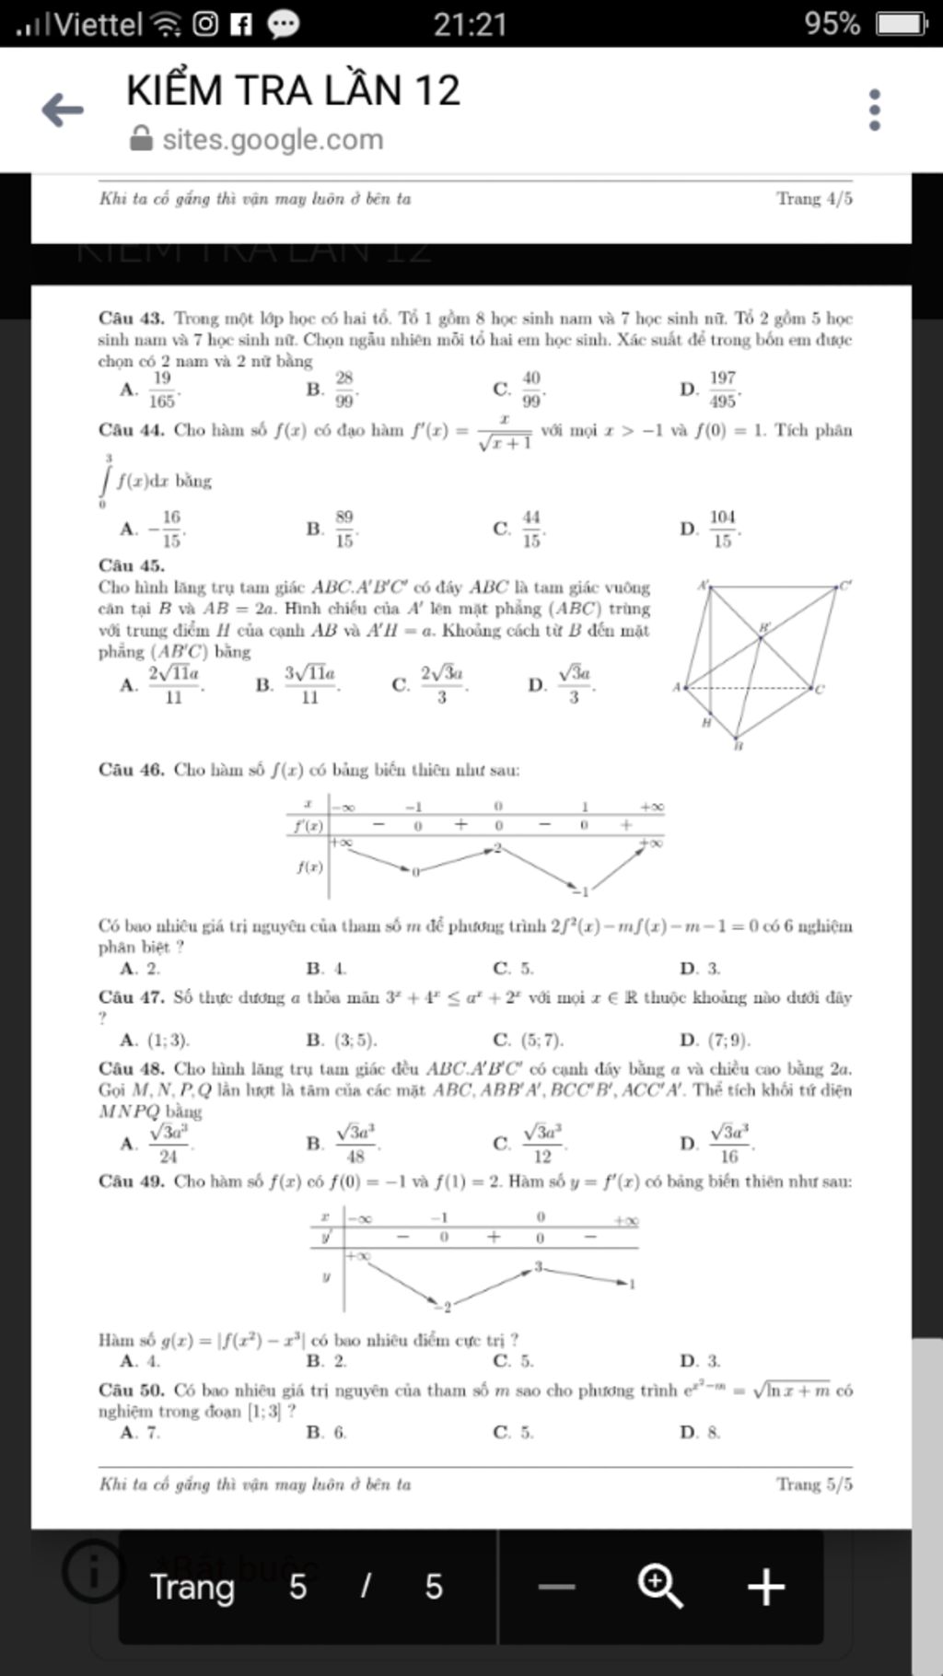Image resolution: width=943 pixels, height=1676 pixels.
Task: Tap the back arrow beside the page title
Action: pyautogui.click(x=63, y=111)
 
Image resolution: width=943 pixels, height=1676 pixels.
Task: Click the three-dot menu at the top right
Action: pyautogui.click(x=874, y=111)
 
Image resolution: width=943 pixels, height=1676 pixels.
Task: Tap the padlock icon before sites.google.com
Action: pyautogui.click(x=141, y=139)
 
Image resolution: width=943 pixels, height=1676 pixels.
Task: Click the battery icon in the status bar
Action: pyautogui.click(x=901, y=23)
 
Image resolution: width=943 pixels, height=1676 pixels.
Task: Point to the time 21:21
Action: pyautogui.click(x=470, y=24)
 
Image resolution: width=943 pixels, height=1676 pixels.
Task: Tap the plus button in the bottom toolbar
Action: pyautogui.click(x=766, y=1587)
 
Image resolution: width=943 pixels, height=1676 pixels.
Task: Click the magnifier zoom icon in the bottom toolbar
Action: pyautogui.click(x=660, y=1587)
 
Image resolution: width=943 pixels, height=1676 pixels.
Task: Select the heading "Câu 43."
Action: pyautogui.click(x=132, y=319)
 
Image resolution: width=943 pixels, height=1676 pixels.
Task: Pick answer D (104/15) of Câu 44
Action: pyautogui.click(x=714, y=529)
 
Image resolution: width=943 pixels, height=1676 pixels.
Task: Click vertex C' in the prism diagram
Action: pyautogui.click(x=845, y=586)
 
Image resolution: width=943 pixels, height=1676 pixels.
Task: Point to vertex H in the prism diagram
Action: pyautogui.click(x=706, y=723)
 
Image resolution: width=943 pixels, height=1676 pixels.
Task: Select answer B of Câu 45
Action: pyautogui.click(x=300, y=685)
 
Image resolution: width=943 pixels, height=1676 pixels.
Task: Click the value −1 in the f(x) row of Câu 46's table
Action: pyautogui.click(x=579, y=891)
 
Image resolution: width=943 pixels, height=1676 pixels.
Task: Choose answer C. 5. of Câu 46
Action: pyautogui.click(x=513, y=968)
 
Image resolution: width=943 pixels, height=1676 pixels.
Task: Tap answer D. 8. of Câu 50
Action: pyautogui.click(x=701, y=1432)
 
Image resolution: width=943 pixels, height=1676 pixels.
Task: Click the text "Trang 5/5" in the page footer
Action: pyautogui.click(x=814, y=1484)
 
